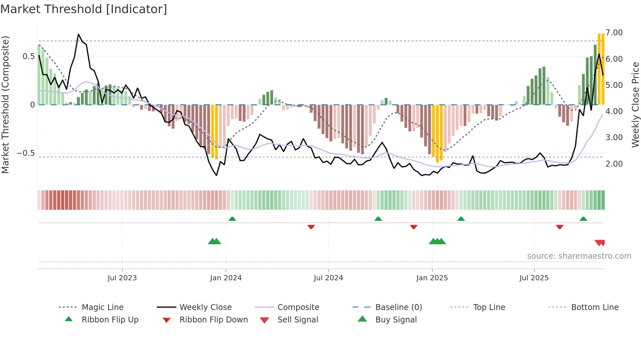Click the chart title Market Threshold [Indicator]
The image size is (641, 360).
click(x=84, y=9)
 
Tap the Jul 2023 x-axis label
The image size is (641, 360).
click(x=122, y=278)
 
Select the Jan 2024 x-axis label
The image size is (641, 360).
click(x=226, y=278)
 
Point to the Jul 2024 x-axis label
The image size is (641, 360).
click(x=328, y=278)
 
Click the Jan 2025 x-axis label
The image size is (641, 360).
click(x=432, y=278)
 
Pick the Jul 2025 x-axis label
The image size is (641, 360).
click(x=534, y=278)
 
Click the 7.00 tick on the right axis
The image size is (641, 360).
click(x=614, y=33)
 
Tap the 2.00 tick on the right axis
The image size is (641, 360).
click(x=614, y=164)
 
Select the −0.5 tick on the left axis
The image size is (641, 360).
click(x=26, y=153)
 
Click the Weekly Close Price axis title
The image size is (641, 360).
click(x=635, y=105)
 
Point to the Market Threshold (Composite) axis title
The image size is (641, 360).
click(x=5, y=105)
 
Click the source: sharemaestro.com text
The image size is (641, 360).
click(x=579, y=256)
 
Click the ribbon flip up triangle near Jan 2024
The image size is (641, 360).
click(x=232, y=219)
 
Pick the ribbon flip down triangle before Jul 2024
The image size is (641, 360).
click(x=311, y=227)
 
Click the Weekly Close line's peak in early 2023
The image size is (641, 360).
click(x=78, y=34)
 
